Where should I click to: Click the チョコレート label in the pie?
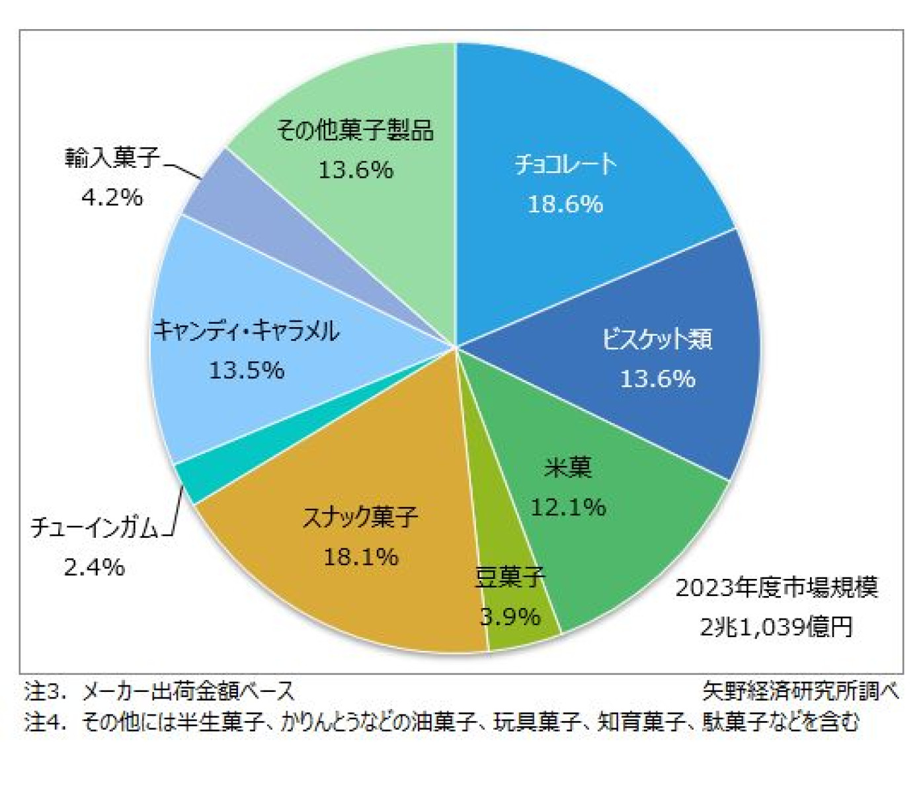(565, 164)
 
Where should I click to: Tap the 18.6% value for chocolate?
(565, 204)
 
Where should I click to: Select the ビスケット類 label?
(657, 339)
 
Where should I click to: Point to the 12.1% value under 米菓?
(568, 507)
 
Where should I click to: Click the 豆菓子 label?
(510, 577)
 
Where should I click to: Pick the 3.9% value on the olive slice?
(510, 617)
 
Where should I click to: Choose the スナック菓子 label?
(360, 517)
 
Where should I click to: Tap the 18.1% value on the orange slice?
(360, 556)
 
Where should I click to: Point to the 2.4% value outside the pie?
(94, 566)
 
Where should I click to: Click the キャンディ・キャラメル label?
(246, 330)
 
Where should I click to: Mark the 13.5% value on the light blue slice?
(246, 369)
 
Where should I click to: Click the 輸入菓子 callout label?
(112, 157)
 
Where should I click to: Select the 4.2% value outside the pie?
(112, 196)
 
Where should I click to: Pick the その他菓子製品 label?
(355, 130)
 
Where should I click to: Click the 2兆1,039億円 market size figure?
(776, 626)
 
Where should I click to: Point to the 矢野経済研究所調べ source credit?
(800, 691)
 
